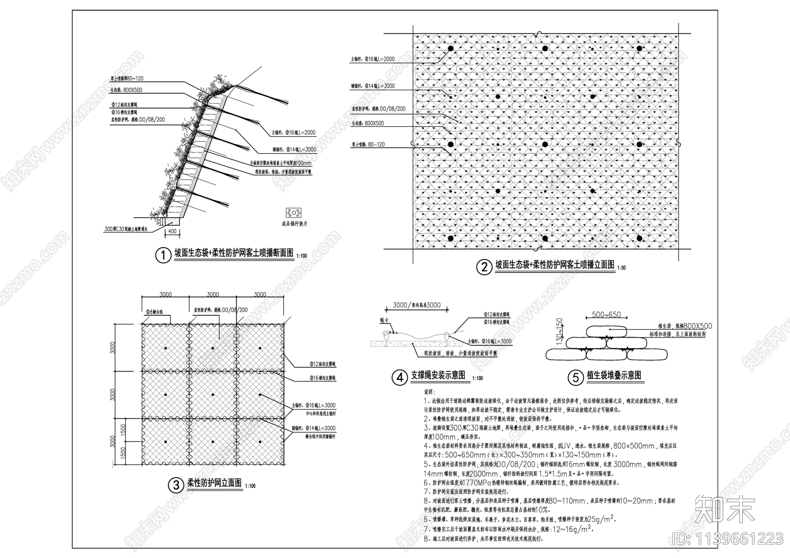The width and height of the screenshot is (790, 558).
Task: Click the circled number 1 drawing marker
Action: click(x=162, y=256)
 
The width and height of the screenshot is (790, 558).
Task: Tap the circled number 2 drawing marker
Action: click(x=483, y=267)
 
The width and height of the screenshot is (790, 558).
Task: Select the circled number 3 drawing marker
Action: click(x=175, y=485)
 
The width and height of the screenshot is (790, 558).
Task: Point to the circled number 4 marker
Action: click(x=399, y=378)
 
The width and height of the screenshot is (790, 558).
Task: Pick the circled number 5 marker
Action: click(x=575, y=378)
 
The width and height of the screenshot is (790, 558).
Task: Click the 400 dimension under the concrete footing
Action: click(x=172, y=231)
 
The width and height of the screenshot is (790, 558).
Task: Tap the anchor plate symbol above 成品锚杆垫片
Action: click(x=294, y=213)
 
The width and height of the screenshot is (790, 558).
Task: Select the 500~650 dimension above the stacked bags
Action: click(x=606, y=315)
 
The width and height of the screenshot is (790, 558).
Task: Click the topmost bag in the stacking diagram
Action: click(x=606, y=331)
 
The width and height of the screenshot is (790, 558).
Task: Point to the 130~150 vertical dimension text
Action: click(x=559, y=332)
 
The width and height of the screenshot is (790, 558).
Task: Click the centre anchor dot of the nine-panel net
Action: click(x=213, y=395)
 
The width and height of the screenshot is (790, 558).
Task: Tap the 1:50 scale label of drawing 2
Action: click(x=621, y=268)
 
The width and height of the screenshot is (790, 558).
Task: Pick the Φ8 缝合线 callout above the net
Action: click(x=154, y=312)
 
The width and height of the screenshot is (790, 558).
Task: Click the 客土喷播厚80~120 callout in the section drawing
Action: click(x=127, y=79)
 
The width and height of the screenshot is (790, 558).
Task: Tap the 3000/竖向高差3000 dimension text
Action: click(x=416, y=305)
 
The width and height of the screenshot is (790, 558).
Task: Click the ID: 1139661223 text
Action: click(x=728, y=537)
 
